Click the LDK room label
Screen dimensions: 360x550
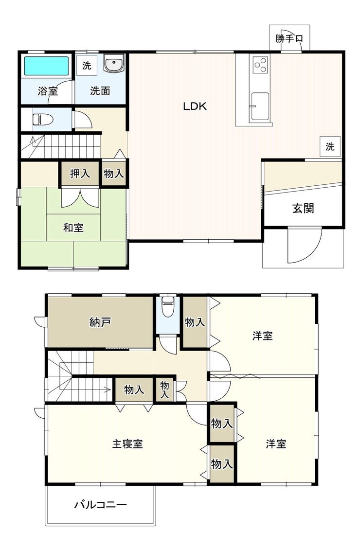195,106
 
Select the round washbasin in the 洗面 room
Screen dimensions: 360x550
113,64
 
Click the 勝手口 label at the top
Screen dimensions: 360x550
289,38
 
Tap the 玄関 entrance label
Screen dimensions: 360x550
303,208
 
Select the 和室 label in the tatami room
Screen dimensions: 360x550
73,228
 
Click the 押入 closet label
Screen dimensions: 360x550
80,173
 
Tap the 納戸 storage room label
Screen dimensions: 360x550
100,322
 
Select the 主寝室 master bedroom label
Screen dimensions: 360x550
127,444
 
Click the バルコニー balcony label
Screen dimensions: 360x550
100,505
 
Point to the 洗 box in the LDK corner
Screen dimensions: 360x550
330,146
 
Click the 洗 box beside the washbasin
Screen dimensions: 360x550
87,65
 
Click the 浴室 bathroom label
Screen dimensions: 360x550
48,91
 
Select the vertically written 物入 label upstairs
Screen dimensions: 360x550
164,390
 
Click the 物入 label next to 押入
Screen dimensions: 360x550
114,173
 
